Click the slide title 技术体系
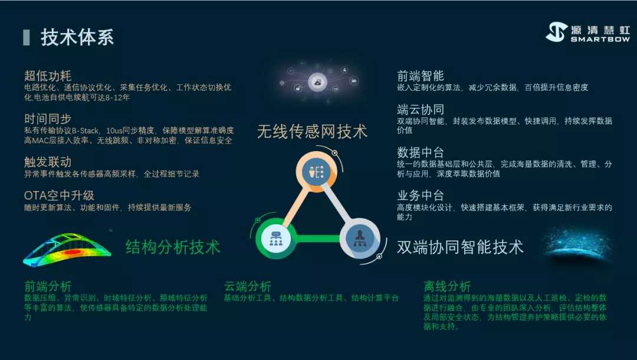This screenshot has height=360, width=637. [x=77, y=37]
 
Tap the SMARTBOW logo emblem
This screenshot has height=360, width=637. [x=556, y=32]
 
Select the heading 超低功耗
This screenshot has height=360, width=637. [x=48, y=76]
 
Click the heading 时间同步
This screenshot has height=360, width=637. [x=48, y=119]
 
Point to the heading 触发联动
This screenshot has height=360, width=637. [x=48, y=162]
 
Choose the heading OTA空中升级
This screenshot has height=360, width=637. [x=59, y=195]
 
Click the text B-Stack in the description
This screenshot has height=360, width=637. [x=86, y=131]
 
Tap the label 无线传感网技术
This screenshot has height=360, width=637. [x=312, y=132]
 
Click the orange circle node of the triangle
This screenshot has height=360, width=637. [x=317, y=172]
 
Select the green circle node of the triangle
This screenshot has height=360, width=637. [x=276, y=238]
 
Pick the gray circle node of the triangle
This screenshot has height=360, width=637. [x=360, y=238]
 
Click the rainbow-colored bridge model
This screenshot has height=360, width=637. [x=67, y=250]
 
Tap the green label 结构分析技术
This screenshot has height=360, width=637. [x=173, y=247]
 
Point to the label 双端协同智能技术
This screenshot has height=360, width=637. [x=460, y=247]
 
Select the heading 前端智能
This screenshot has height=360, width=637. [x=420, y=76]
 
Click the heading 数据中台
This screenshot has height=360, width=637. [x=420, y=152]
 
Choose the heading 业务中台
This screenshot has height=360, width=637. [x=420, y=195]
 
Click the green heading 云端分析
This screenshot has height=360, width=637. [x=247, y=286]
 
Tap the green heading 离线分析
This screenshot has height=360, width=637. [x=447, y=286]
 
